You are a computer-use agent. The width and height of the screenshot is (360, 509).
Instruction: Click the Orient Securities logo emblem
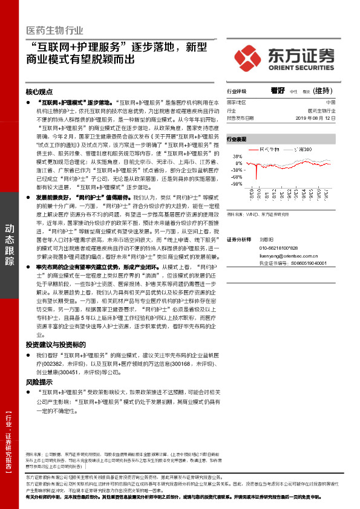[x=250, y=56]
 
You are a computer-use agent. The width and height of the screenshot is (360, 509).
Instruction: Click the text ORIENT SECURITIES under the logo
[x=300, y=67]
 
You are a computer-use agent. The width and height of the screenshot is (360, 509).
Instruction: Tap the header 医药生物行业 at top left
[x=55, y=30]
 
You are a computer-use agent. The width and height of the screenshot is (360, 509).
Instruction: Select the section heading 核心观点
[x=40, y=92]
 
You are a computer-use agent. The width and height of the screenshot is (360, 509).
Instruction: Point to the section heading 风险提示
[x=39, y=382]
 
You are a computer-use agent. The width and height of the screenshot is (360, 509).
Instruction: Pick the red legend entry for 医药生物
[x=266, y=149]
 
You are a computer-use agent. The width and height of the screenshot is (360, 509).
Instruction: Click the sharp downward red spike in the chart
[x=257, y=175]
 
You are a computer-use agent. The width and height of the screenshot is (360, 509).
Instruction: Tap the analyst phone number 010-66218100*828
[x=279, y=248]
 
